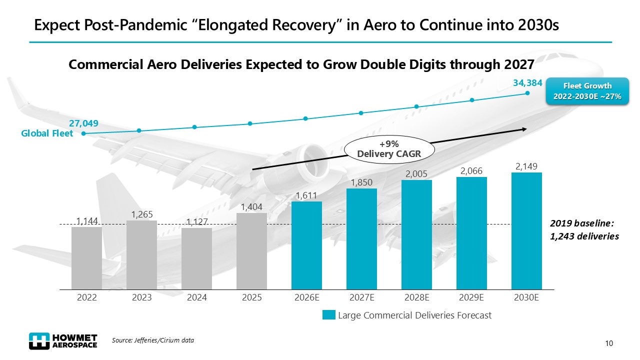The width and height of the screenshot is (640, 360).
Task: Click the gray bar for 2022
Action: pos(86,258)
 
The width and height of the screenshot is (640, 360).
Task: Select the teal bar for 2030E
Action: pos(526,231)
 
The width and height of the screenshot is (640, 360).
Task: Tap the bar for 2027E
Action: pos(361,239)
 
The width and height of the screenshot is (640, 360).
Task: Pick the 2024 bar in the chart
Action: pos(196,258)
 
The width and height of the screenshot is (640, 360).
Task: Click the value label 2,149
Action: pos(526,166)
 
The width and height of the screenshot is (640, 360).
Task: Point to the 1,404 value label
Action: pos(251,206)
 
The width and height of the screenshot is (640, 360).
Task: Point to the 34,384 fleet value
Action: pos(527,83)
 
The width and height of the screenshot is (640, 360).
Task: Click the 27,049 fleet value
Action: pos(83,123)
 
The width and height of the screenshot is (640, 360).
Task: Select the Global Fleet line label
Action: pos(47,133)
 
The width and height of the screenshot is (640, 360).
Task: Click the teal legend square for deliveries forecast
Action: pos(328,315)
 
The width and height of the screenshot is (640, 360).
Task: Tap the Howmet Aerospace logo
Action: pos(63,340)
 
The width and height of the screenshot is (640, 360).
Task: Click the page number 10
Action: pos(608,343)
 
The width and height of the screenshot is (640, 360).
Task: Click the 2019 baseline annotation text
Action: pos(584,230)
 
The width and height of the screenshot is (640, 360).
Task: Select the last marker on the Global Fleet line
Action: pos(527,93)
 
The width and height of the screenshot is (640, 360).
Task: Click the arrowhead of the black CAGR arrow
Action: pos(524,129)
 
